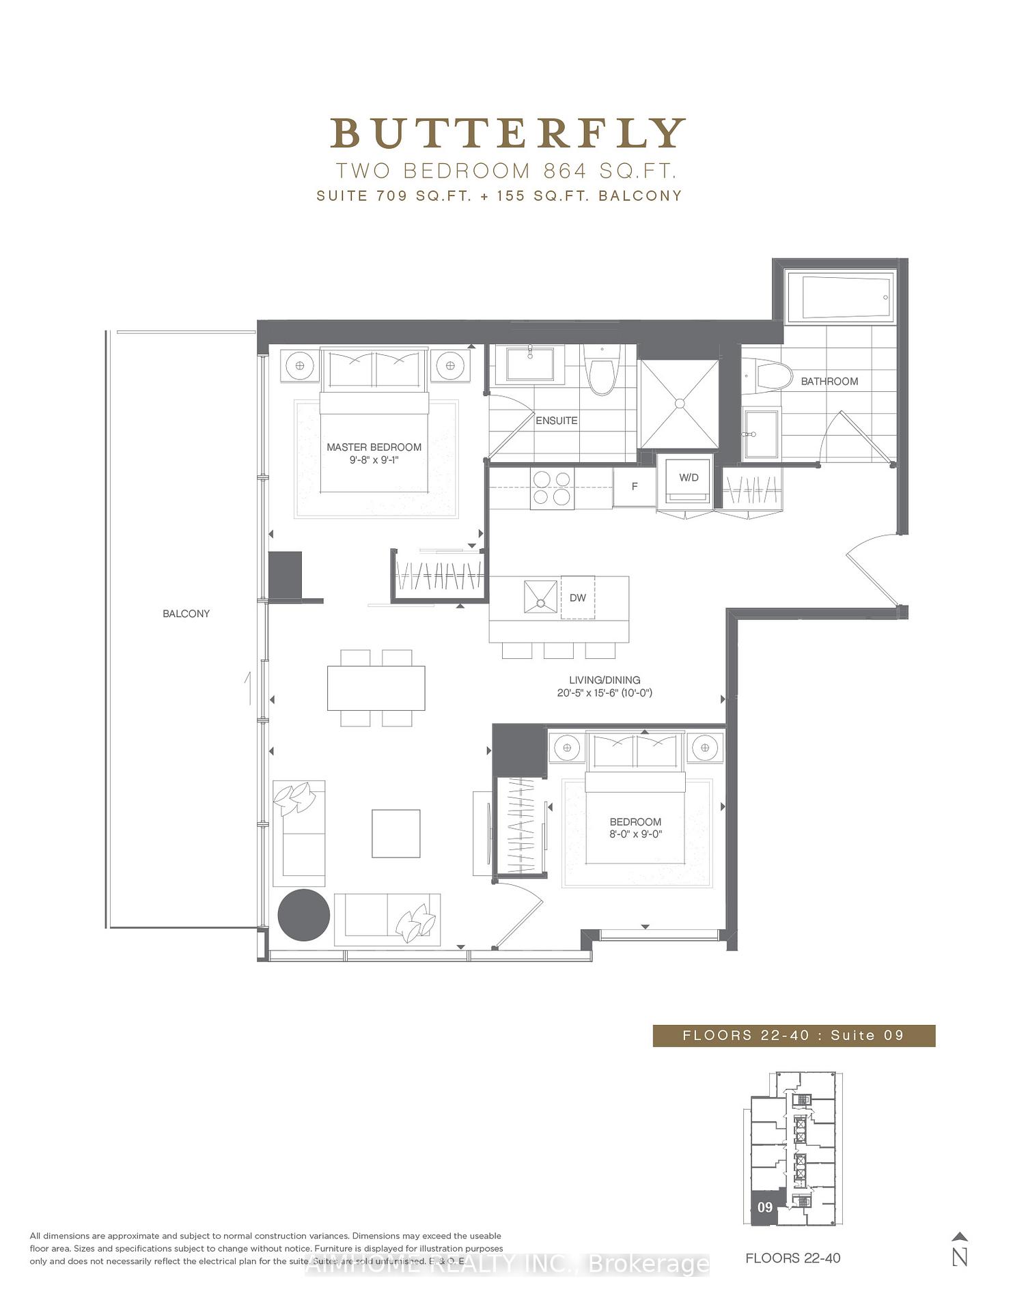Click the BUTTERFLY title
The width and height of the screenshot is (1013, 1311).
coord(508,134)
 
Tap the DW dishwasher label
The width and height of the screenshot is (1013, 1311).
coord(578,597)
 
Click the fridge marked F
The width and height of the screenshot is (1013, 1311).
coord(635,487)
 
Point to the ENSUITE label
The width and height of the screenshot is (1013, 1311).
coord(556,421)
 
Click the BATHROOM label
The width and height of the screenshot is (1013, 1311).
coord(829,381)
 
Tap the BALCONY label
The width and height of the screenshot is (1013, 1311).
coord(186,614)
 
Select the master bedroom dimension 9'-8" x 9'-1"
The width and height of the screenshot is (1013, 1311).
coord(374,460)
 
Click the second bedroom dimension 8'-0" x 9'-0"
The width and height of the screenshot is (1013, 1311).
coord(635,834)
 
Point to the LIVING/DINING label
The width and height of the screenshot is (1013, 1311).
coord(605,680)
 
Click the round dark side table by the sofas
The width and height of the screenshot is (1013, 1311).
coord(304,915)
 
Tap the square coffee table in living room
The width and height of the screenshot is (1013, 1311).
coord(396,833)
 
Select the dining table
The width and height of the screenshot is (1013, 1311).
coord(376,688)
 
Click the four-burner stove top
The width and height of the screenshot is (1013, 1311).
coord(552,488)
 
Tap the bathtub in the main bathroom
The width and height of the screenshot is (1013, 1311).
coord(839,298)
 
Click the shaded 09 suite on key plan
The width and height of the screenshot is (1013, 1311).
coord(765,1207)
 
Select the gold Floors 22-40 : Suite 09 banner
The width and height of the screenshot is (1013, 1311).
coord(794,1035)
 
